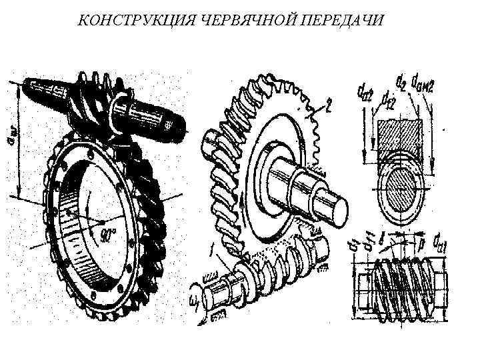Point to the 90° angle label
108,235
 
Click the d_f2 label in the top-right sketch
386,99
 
